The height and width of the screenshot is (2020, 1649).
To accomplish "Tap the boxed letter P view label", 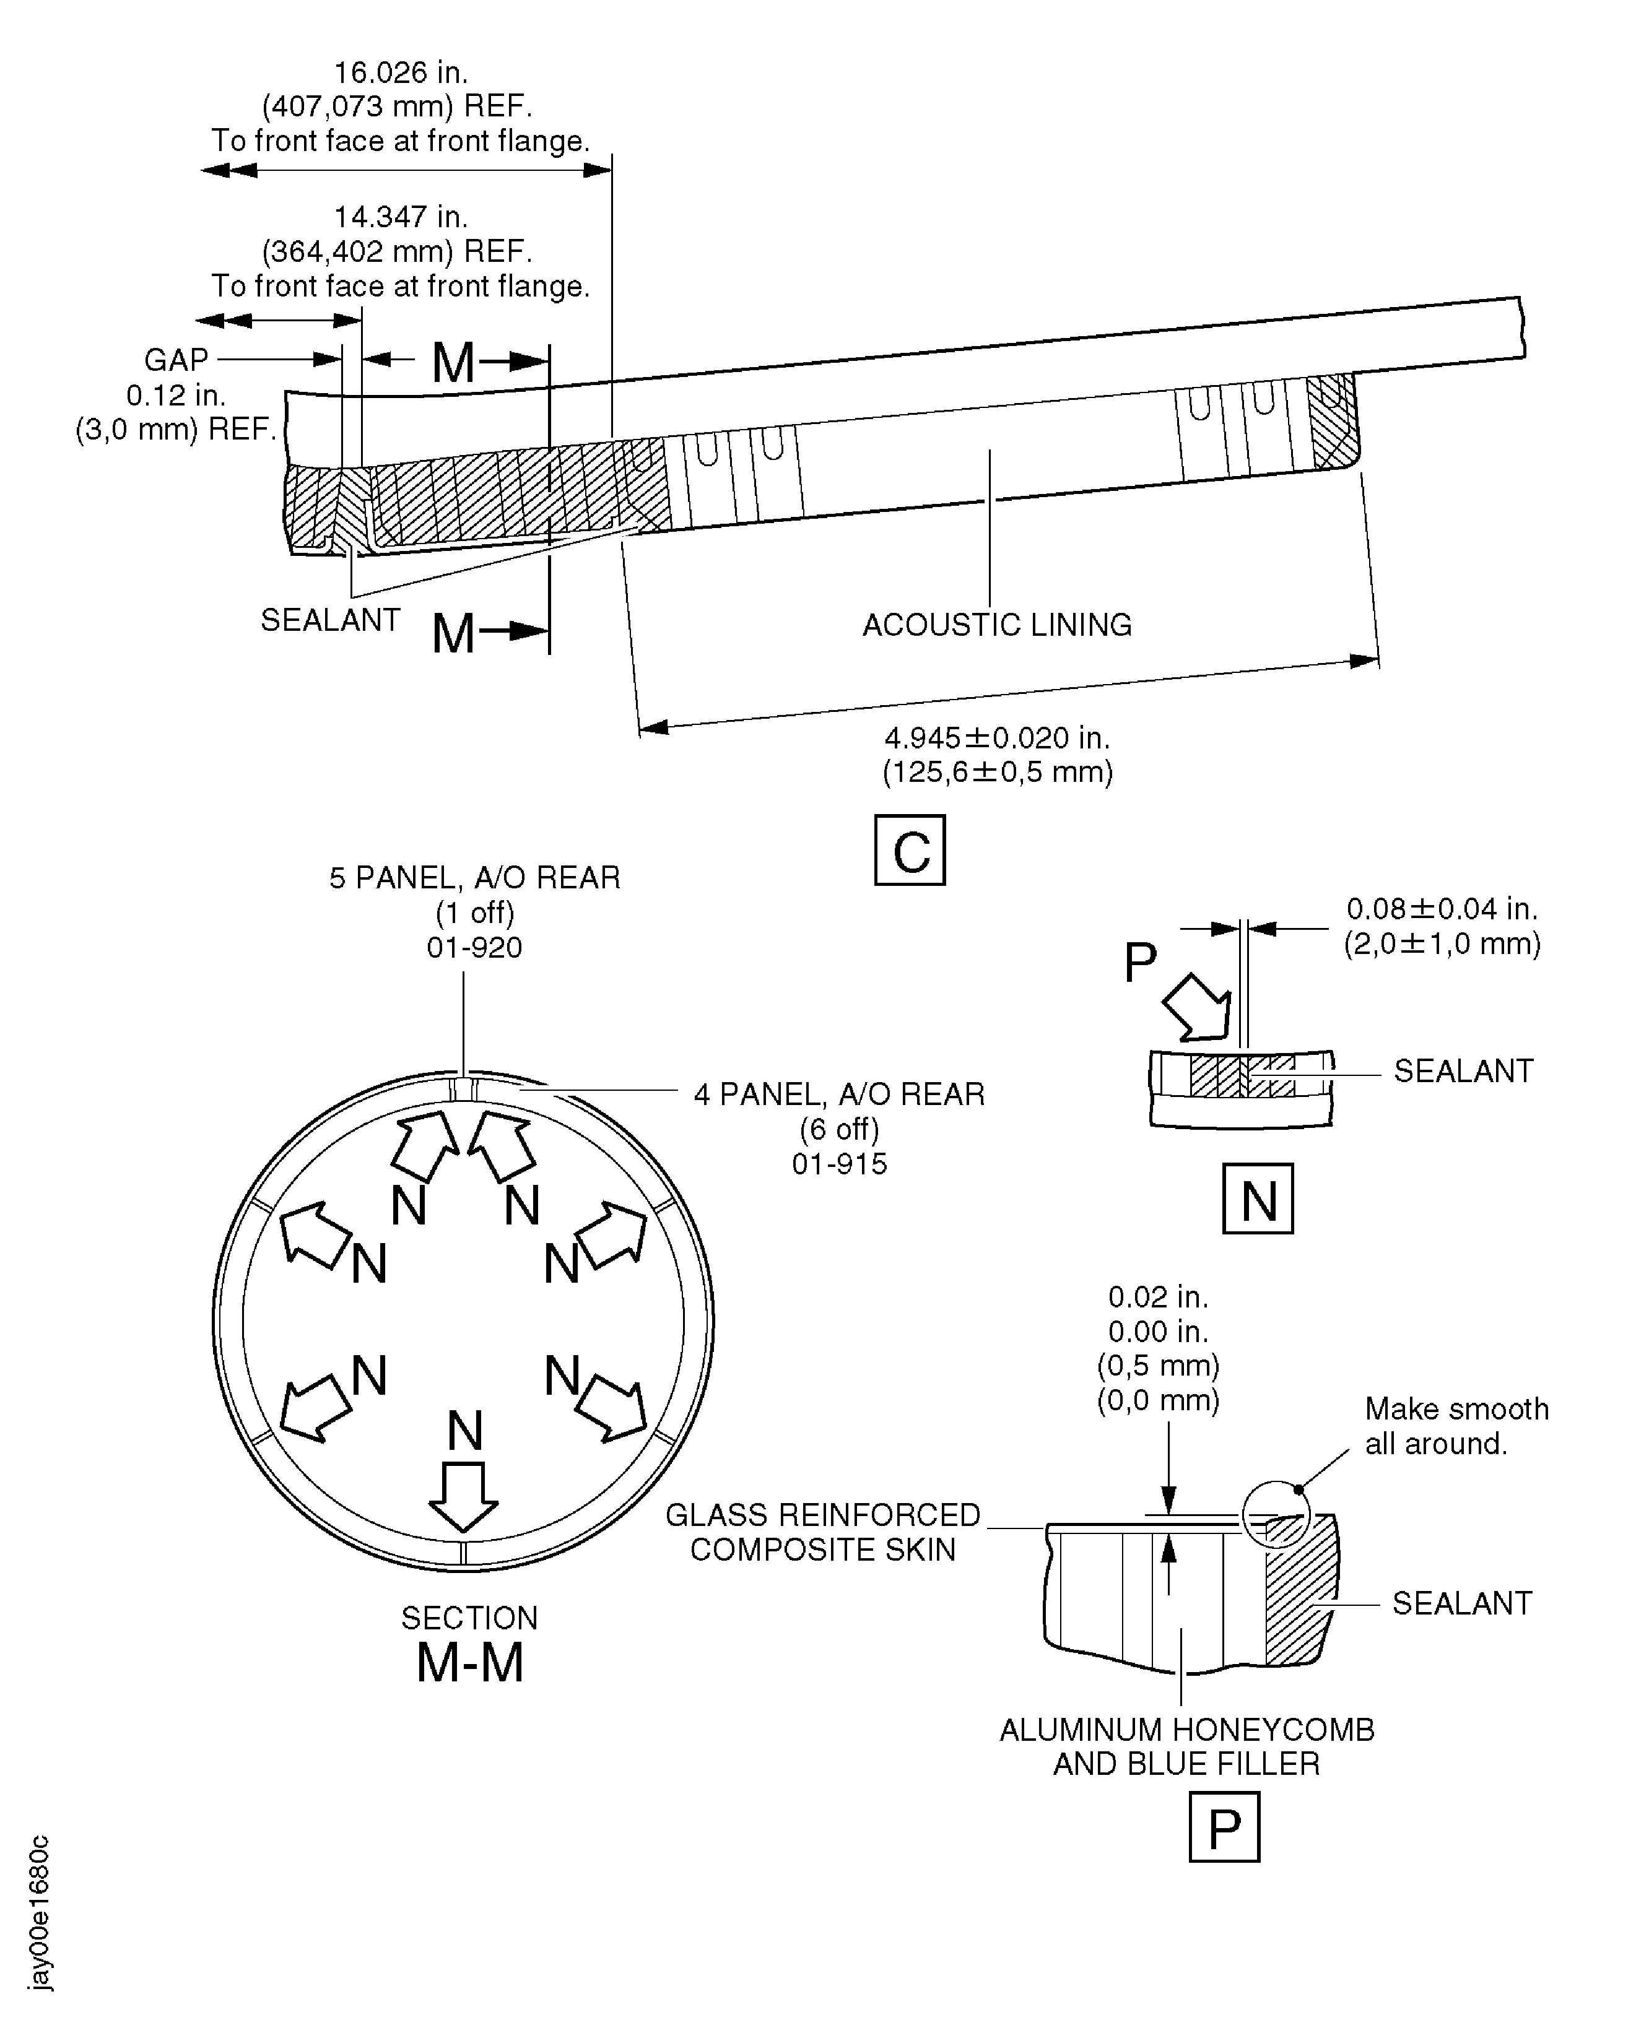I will point(1224,1826).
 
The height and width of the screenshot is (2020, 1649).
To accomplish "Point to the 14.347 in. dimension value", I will point(400,217).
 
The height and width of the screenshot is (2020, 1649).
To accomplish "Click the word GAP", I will point(176,360).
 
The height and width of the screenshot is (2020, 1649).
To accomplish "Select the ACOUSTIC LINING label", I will point(996,625).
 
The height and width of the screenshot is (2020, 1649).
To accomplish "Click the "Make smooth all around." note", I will point(1456,1426).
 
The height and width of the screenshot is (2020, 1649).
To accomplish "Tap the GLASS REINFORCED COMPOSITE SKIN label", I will point(822,1531).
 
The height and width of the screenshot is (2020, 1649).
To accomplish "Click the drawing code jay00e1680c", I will point(39,1911).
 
